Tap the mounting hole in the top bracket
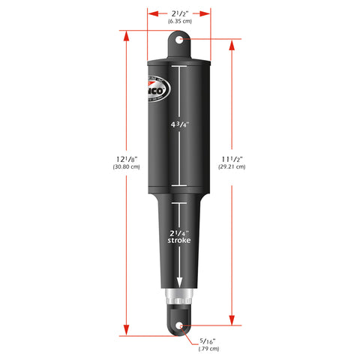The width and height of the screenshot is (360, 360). pyautogui.click(x=180, y=40)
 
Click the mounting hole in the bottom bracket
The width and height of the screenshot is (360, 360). pyautogui.click(x=181, y=325)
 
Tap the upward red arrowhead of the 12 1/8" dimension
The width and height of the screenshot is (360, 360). pyautogui.click(x=125, y=44)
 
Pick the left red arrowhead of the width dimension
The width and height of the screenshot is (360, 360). pyautogui.click(x=151, y=13)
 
